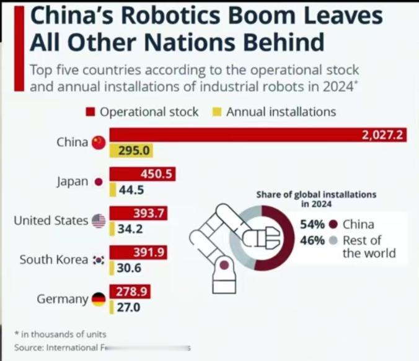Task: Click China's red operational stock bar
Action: [x=258, y=135]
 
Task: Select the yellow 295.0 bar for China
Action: [x=131, y=150]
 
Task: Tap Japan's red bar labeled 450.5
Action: [x=141, y=175]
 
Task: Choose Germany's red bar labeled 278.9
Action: [x=130, y=292]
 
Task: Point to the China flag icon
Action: [x=99, y=142]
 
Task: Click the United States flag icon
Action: [x=99, y=221]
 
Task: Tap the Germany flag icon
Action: [x=99, y=300]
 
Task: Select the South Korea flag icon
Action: [x=99, y=260]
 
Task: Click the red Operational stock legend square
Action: [x=90, y=112]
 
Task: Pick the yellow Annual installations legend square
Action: [x=218, y=112]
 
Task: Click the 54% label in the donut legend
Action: [x=312, y=224]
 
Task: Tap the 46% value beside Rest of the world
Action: [x=312, y=240]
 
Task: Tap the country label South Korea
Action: [x=53, y=260]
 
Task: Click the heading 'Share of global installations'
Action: [x=316, y=194]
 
